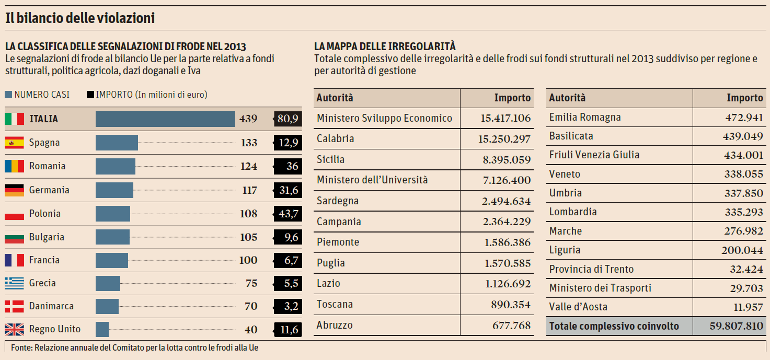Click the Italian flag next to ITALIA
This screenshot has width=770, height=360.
coord(14,119)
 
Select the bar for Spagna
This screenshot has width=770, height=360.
coord(117,143)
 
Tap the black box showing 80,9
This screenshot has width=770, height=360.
coord(288,119)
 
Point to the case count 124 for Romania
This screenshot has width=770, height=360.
coord(249,166)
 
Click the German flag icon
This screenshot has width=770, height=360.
coord(14,190)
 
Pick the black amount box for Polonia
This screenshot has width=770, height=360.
coord(288,214)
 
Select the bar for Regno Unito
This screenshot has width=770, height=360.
coord(102,329)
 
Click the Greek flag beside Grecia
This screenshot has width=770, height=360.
coord(14,283)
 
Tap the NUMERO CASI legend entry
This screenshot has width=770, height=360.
coord(37,95)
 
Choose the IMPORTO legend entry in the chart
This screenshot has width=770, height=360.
coord(147,95)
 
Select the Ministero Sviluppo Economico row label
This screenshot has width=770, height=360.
coord(384,118)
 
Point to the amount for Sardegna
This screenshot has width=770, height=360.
coord(507,201)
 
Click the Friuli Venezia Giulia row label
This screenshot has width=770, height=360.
coord(594,155)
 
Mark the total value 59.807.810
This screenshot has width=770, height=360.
coord(736,327)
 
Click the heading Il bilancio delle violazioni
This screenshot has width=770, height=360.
coord(80,18)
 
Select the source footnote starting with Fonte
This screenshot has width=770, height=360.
coord(134,347)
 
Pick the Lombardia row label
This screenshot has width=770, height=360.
coord(573,212)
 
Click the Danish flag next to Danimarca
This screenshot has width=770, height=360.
coord(14,306)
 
